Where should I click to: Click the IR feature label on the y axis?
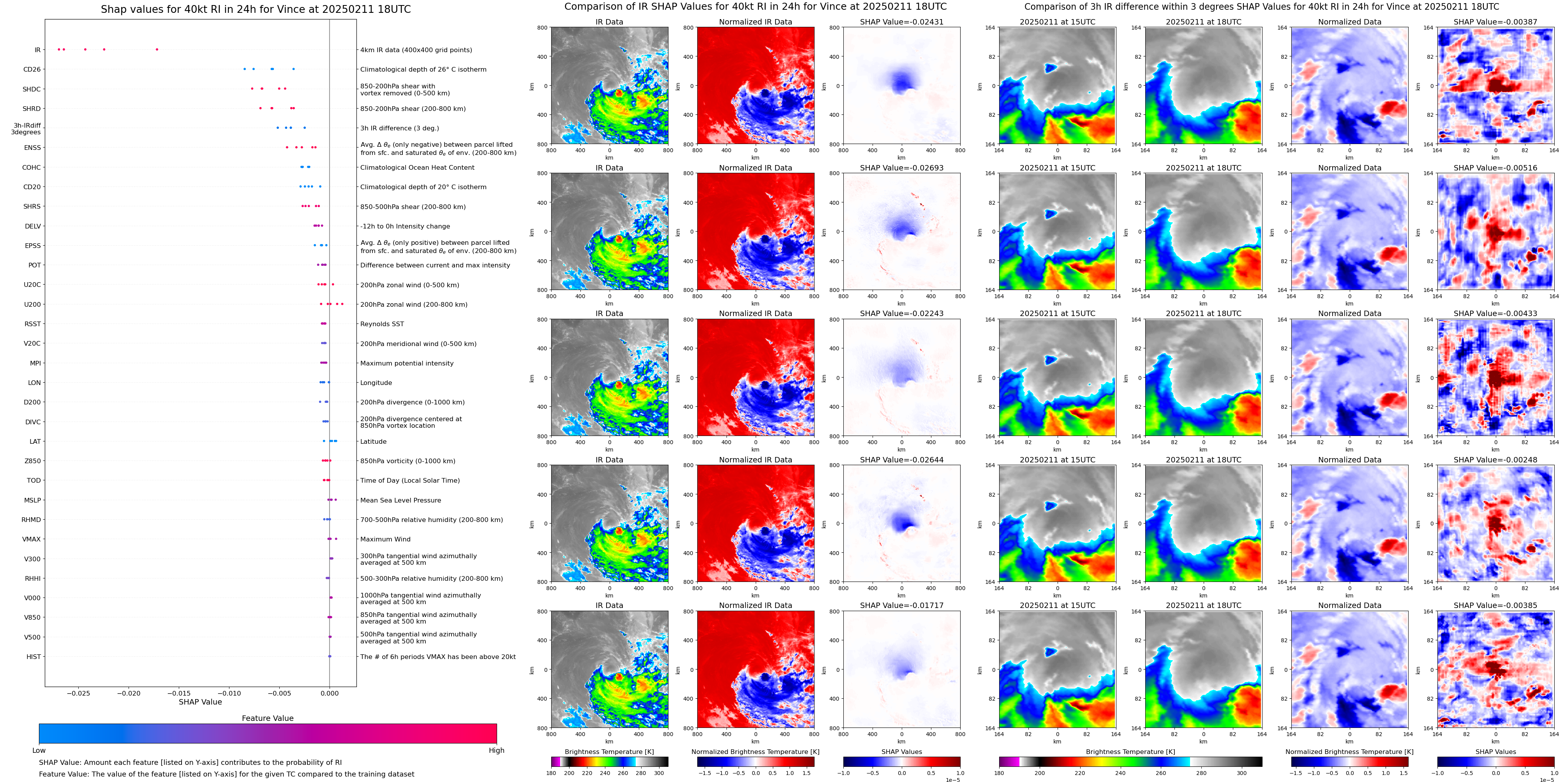pos(38,50)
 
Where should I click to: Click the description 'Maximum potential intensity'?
pos(407,364)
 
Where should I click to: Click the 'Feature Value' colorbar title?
pos(267,718)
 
